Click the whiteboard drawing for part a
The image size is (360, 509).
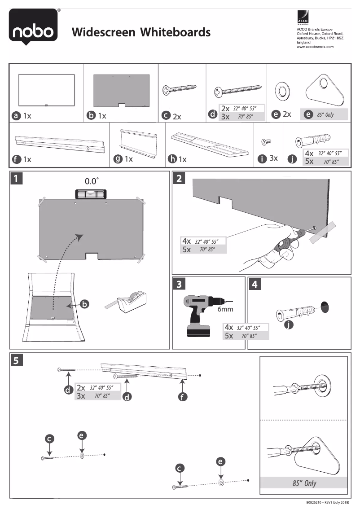(46, 90)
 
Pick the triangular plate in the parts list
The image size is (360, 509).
(325, 92)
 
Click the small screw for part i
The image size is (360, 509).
(266, 142)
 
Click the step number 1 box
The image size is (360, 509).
(17, 179)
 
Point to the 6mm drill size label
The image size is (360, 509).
(225, 309)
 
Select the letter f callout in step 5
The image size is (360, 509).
(182, 397)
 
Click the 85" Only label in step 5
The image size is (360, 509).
(304, 483)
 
